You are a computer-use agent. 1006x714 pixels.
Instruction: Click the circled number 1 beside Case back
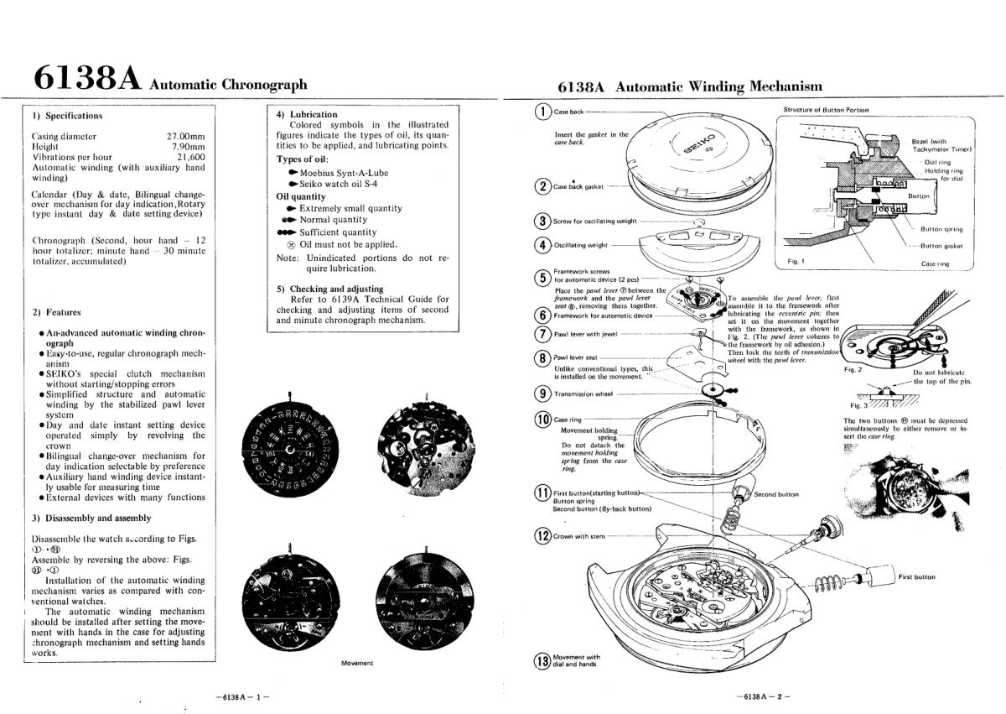[543, 112]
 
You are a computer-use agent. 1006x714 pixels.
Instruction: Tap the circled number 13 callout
[542, 660]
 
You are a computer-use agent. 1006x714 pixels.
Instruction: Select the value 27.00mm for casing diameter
[186, 136]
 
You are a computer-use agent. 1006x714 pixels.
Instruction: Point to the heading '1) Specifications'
[67, 116]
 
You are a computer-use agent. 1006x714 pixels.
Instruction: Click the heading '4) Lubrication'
[307, 114]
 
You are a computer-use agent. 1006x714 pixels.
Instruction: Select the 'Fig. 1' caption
[796, 262]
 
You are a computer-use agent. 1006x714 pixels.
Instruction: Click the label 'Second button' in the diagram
[776, 494]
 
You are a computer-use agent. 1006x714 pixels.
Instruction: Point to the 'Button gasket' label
[941, 247]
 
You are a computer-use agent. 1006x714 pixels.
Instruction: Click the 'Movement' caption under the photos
[357, 663]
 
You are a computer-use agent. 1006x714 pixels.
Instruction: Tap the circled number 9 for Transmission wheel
[542, 394]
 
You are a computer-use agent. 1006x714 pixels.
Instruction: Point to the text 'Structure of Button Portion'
[826, 110]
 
